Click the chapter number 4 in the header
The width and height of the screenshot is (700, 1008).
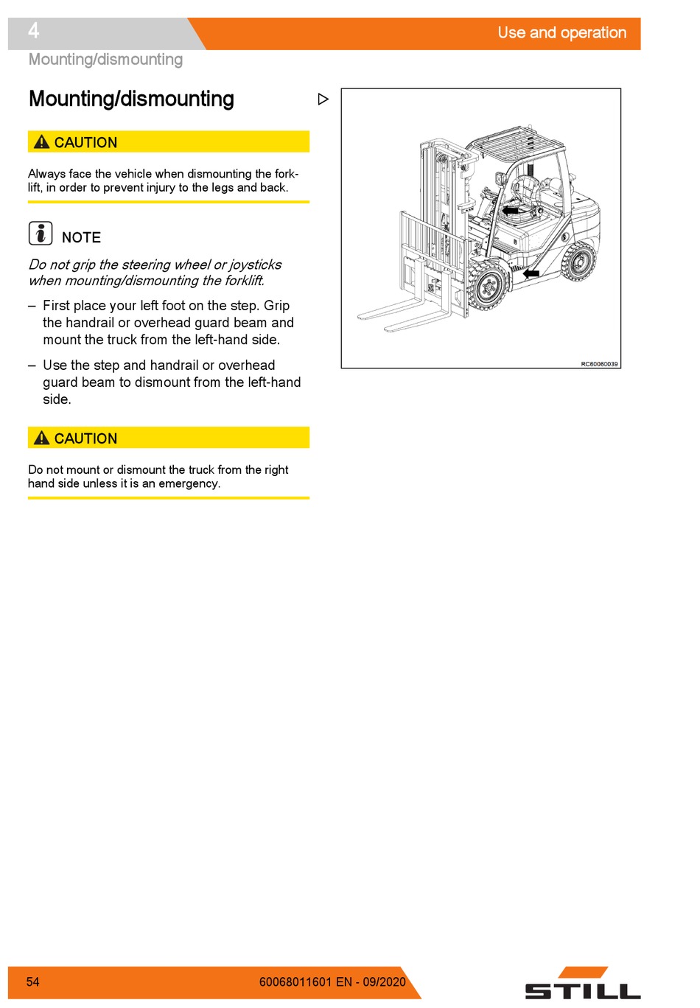33,31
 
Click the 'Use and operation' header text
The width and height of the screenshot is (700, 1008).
562,32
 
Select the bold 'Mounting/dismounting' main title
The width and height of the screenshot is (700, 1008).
131,99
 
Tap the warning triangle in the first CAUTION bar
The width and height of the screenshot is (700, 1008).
41,141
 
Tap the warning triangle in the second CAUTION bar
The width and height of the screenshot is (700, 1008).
41,438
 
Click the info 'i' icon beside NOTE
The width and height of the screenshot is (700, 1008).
41,233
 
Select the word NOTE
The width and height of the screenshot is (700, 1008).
82,237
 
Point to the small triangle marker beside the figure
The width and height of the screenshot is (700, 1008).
323,99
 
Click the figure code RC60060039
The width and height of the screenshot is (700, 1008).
599,363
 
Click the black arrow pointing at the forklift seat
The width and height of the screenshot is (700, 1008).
510,210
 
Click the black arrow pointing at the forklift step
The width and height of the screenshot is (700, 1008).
531,273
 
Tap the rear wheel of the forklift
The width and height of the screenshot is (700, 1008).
579,262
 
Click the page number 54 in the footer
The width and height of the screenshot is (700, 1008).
33,981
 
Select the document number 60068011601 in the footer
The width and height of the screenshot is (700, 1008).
295,981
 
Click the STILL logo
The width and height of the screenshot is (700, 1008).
583,984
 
